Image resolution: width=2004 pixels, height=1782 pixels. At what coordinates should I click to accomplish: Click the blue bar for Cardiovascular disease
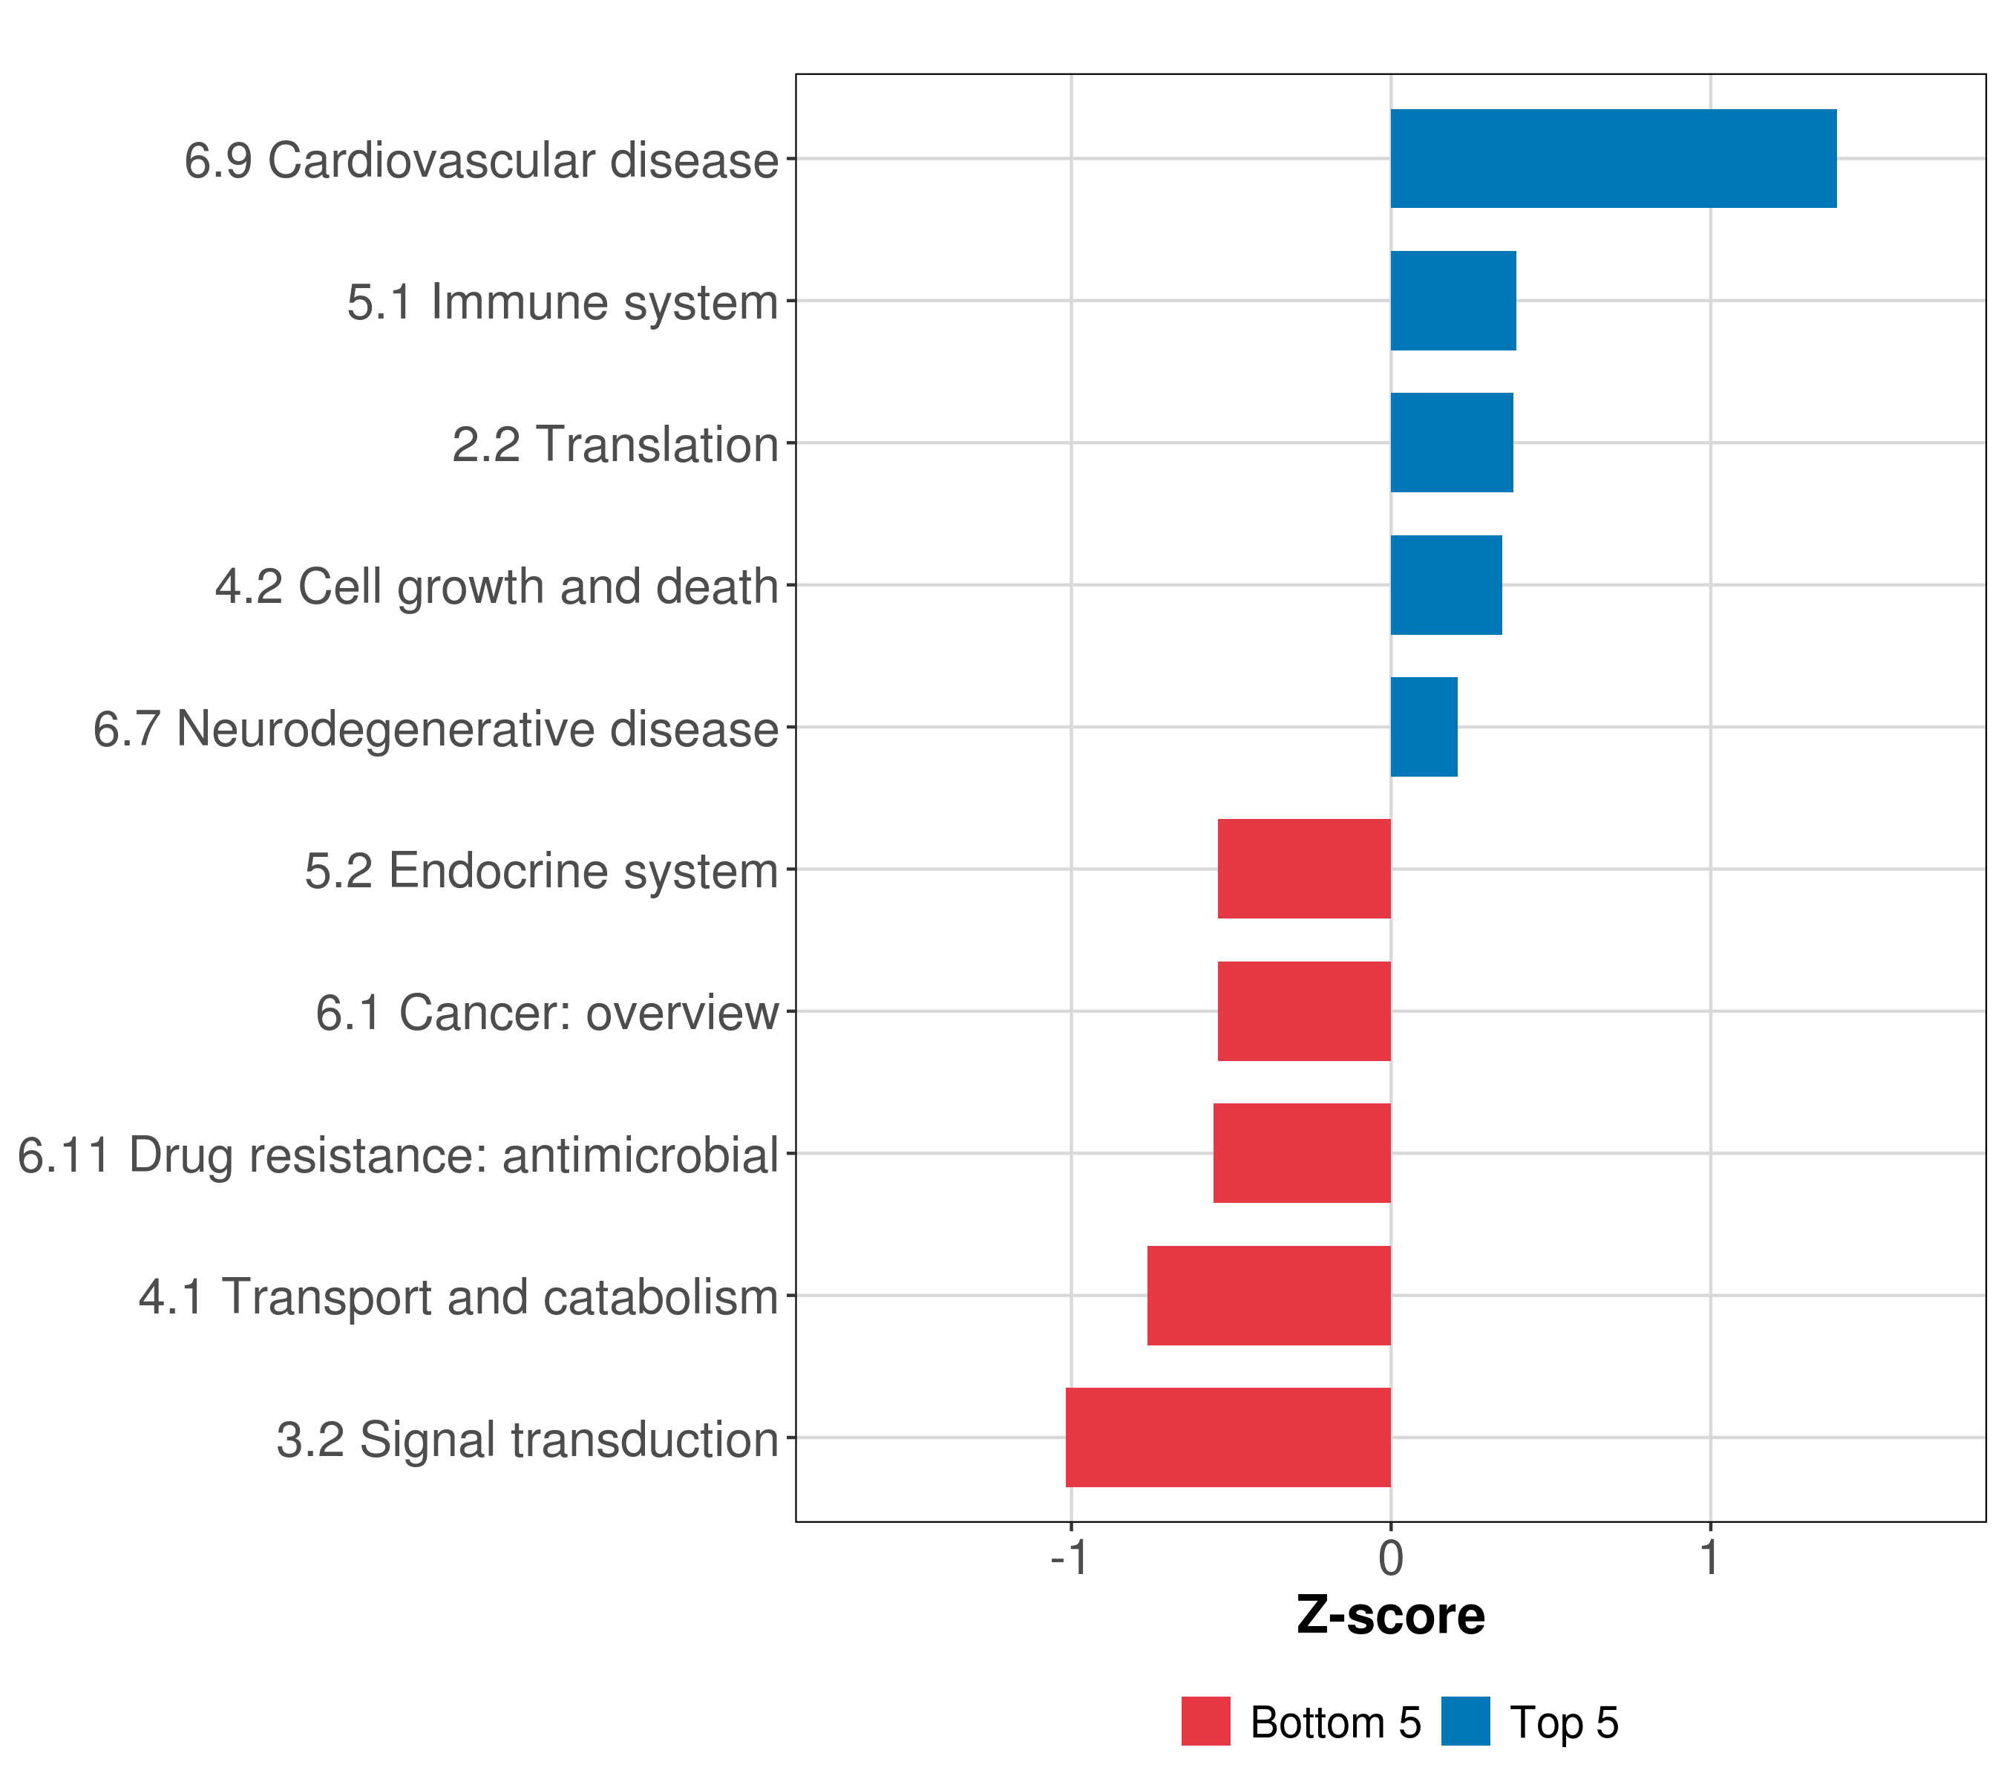pos(1613,158)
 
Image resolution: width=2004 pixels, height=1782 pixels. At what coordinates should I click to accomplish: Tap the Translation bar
pos(1451,443)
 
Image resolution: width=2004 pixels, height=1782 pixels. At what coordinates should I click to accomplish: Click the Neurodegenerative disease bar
pos(1424,727)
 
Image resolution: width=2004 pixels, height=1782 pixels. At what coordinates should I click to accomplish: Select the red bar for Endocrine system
pos(1304,869)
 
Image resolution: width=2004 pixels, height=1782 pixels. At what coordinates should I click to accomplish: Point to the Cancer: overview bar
pos(1304,1011)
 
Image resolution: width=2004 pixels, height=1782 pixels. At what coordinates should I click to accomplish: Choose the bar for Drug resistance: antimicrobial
pos(1302,1153)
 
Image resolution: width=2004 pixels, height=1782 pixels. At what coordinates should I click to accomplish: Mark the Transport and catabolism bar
pos(1268,1296)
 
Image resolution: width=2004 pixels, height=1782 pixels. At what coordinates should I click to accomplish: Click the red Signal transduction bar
pos(1228,1437)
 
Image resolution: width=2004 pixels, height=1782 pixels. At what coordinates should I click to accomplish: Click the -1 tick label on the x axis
pos(1069,1558)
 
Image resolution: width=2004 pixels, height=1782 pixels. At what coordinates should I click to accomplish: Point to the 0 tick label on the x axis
pos(1390,1558)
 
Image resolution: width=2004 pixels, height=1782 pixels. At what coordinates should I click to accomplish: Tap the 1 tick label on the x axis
pos(1710,1558)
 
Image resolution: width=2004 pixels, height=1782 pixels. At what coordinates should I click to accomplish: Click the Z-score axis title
pos(1390,1615)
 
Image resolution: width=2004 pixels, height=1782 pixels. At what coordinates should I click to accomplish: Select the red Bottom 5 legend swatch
pos(1205,1721)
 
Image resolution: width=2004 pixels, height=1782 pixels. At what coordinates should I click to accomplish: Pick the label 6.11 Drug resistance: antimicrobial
pos(398,1155)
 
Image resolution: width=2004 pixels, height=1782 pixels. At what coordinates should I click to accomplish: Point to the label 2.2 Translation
pos(615,444)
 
